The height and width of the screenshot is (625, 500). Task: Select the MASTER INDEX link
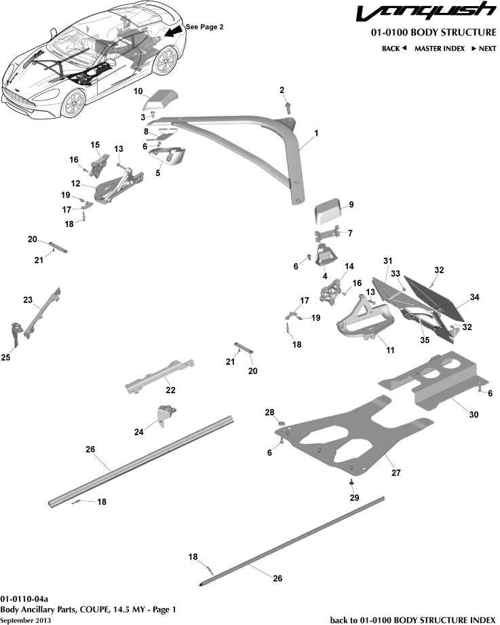tap(440, 48)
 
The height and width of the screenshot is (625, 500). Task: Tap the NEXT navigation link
tap(483, 48)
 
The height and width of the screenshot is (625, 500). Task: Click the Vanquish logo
tap(426, 13)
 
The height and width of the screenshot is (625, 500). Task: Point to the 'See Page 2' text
tap(204, 26)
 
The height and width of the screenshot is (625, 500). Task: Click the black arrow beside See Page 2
tap(172, 32)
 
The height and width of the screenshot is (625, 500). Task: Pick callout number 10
tap(137, 91)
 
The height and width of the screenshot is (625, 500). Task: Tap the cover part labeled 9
tap(329, 212)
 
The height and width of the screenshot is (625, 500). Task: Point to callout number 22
tap(170, 390)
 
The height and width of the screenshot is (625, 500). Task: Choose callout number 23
tap(28, 299)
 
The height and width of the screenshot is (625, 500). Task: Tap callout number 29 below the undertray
tap(353, 498)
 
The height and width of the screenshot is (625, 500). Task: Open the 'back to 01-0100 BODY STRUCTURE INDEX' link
tap(412, 620)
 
